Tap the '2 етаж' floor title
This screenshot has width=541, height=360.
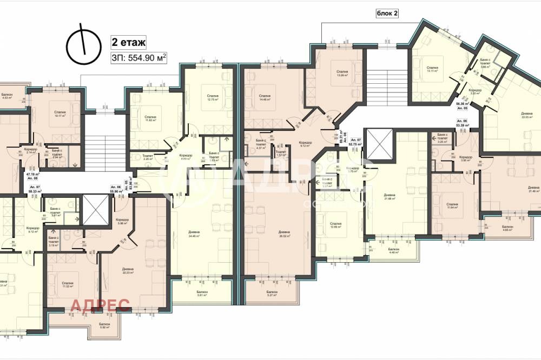click(x=128, y=41)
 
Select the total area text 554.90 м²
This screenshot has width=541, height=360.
click(x=138, y=57)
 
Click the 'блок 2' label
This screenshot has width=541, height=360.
click(x=387, y=14)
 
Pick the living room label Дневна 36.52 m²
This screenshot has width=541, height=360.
click(x=280, y=233)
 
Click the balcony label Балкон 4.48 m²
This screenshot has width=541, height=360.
click(x=393, y=250)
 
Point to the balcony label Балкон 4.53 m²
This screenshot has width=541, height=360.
click(x=7, y=96)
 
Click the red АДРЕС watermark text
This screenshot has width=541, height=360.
click(x=100, y=305)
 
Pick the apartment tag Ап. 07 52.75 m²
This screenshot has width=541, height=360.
click(x=355, y=142)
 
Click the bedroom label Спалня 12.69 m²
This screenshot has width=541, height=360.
click(x=335, y=224)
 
